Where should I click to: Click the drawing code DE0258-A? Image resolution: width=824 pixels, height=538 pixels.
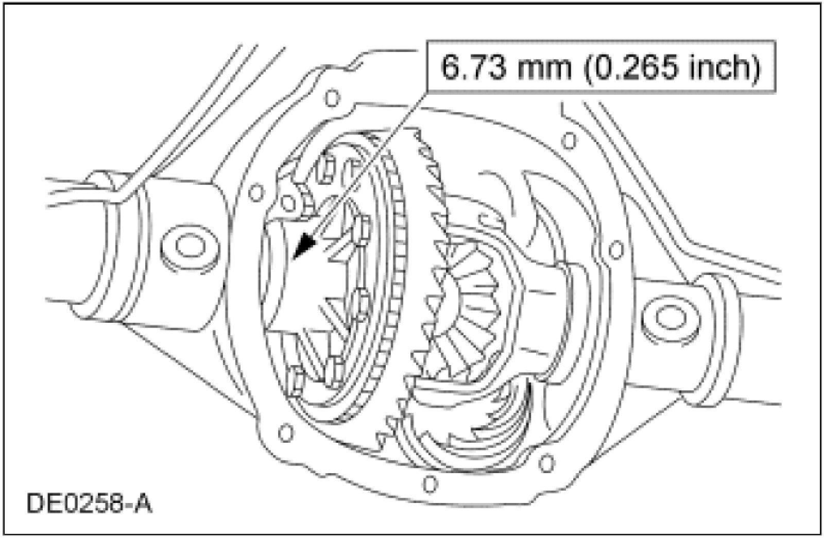pos(90,504)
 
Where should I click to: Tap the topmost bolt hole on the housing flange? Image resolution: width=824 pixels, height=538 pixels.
pos(332,98)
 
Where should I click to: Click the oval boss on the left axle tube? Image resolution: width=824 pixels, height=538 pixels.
pos(190,246)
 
